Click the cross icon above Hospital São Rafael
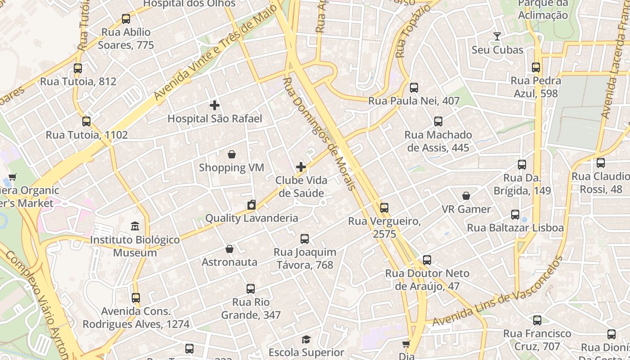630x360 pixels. click(215, 106)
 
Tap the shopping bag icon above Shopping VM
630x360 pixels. click(231, 155)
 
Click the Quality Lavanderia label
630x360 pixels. click(252, 218)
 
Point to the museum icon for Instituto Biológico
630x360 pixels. click(135, 226)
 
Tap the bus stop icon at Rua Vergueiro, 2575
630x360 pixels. click(384, 208)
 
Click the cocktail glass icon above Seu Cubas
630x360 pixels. click(497, 36)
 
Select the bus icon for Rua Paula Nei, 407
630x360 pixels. click(414, 88)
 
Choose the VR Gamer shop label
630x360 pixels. click(466, 209)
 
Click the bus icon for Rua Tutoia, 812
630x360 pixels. click(78, 68)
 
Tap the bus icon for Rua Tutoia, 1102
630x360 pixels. click(86, 121)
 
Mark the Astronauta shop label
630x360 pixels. click(229, 262)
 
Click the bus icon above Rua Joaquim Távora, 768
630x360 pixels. click(305, 239)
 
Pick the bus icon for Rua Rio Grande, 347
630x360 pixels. click(251, 289)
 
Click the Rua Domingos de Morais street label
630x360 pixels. click(320, 134)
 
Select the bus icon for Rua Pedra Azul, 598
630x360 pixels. click(535, 67)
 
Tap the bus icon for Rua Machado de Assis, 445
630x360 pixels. click(438, 121)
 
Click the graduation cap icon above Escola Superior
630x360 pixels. click(306, 339)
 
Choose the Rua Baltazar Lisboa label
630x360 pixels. click(515, 228)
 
